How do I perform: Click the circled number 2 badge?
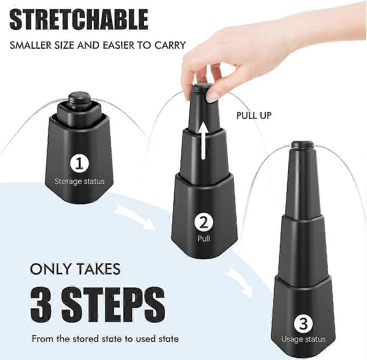point(204,222)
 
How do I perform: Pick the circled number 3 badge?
point(303,323)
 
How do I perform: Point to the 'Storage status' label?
point(79,181)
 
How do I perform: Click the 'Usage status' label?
point(303,339)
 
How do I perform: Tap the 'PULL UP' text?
point(254,116)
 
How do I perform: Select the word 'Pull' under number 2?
point(204,239)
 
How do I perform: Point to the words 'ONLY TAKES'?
point(75,269)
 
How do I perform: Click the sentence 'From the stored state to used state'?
point(105,339)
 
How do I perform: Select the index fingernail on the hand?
point(212,97)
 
